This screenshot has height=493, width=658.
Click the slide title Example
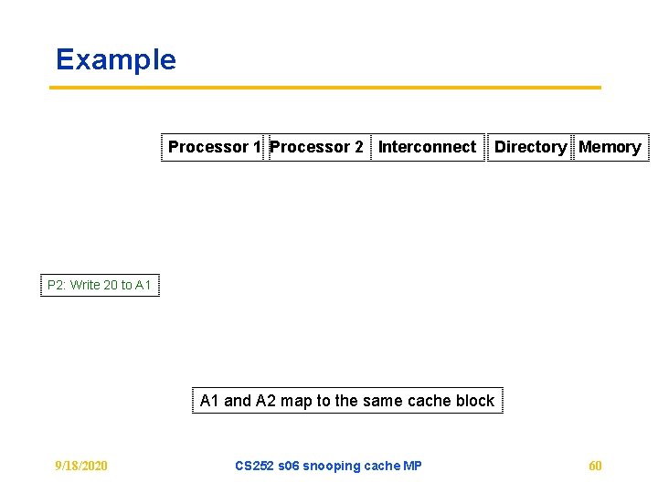(x=115, y=59)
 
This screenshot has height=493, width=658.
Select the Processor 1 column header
(x=214, y=147)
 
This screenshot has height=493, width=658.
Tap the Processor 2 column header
(x=316, y=147)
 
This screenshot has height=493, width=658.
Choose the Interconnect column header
(x=427, y=147)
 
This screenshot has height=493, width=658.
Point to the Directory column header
(x=530, y=147)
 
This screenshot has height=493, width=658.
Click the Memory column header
(x=610, y=147)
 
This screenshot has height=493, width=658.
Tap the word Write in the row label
(x=85, y=285)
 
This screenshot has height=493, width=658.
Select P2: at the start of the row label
(x=57, y=285)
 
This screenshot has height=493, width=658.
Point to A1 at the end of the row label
(x=143, y=285)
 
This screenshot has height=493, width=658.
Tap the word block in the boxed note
(x=474, y=401)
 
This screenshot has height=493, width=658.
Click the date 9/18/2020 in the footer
(x=80, y=466)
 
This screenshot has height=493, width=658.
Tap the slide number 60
(x=595, y=466)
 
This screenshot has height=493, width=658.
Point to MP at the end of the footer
(x=412, y=466)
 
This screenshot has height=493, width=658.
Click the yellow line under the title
(x=324, y=88)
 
